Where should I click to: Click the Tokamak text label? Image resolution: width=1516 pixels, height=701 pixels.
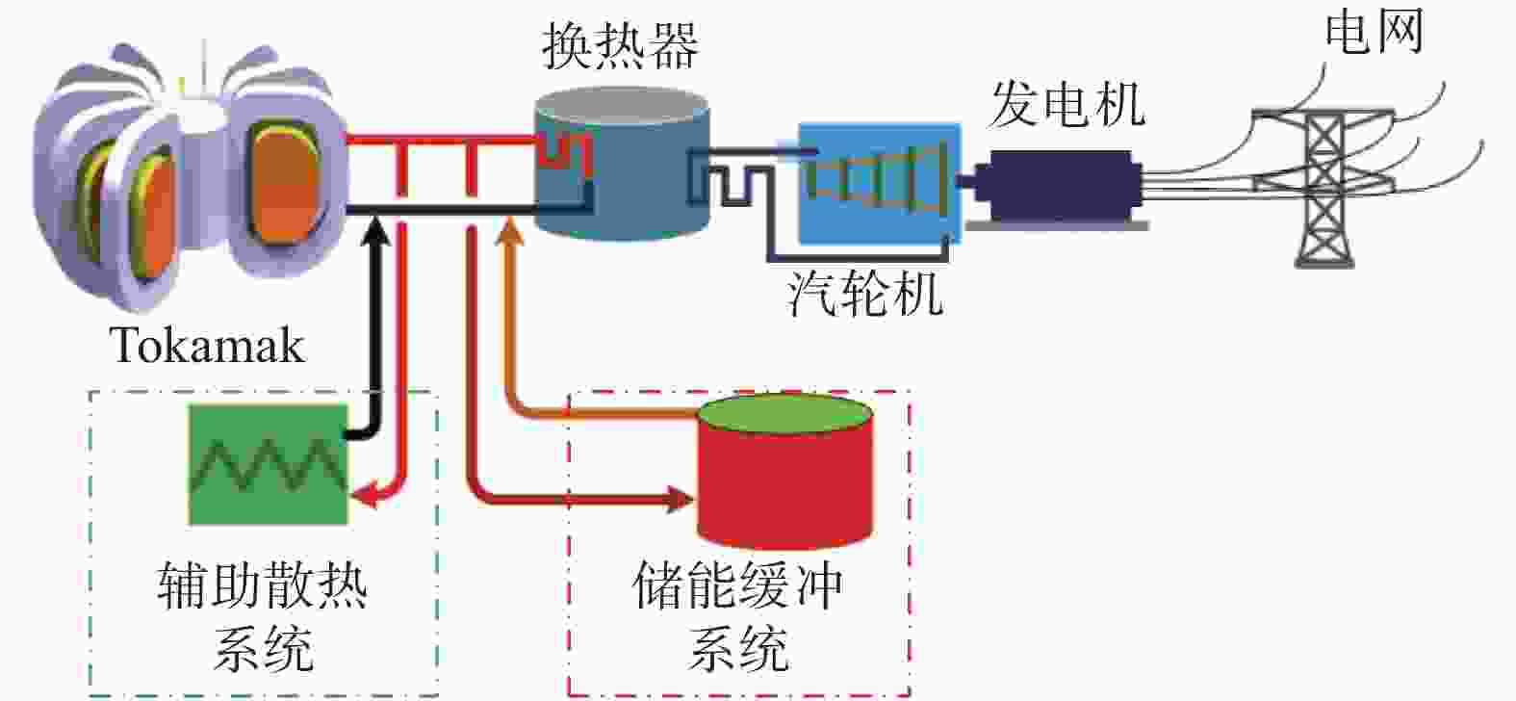(207, 346)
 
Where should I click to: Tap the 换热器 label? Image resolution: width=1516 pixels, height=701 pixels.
(620, 46)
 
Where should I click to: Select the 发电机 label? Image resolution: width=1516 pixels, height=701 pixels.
(1068, 104)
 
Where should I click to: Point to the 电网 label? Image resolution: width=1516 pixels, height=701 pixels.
(1375, 31)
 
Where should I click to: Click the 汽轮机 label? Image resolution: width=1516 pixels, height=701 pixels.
(866, 294)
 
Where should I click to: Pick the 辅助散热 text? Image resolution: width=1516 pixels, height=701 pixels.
(263, 584)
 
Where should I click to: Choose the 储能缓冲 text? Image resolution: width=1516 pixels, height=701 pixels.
(738, 584)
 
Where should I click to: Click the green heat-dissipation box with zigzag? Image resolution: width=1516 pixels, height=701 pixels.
(268, 465)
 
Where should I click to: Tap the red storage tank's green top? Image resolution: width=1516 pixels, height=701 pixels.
(785, 414)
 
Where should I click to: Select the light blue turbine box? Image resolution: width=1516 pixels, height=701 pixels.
(880, 183)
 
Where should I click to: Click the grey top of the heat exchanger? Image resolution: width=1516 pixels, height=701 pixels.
(621, 106)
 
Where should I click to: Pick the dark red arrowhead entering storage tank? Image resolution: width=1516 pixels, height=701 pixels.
(681, 499)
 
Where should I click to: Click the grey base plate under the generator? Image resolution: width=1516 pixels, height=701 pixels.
(1057, 225)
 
